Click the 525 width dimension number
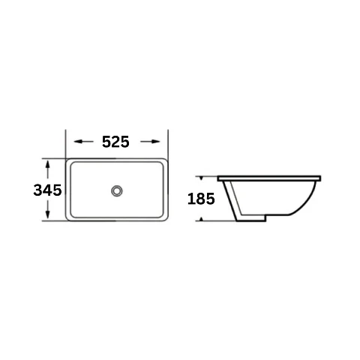coord(115,142)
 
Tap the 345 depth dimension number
coord(47,190)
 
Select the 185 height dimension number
coord(201,199)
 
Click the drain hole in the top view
coord(117,190)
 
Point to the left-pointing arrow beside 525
coord(84,142)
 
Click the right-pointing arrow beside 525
coord(150,142)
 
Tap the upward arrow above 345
coord(48,170)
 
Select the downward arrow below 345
coord(48,209)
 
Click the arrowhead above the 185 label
coord(201,178)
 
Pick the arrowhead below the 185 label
coord(201,219)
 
